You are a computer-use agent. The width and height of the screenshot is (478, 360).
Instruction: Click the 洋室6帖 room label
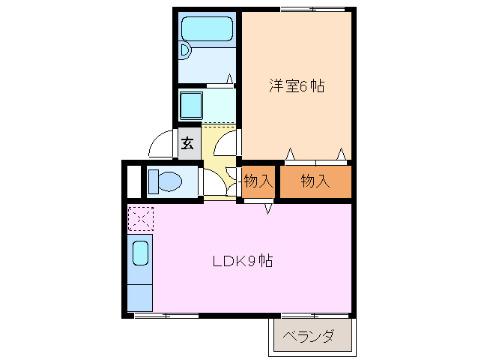click(297, 86)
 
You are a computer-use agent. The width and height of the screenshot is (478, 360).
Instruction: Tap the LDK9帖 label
click(242, 262)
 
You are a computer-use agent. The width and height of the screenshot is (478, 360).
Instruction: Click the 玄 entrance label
click(187, 143)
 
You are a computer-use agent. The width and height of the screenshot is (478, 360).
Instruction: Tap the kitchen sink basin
click(140, 253)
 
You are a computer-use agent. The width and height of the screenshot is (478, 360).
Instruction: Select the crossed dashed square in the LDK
click(140, 218)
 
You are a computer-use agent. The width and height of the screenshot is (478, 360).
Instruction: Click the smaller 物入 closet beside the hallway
click(258, 181)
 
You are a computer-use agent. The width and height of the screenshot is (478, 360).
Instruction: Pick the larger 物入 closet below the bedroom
click(315, 181)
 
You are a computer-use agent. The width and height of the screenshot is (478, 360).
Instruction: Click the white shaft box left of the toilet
click(133, 181)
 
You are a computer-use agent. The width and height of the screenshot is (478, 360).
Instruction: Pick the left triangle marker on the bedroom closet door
click(289, 155)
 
